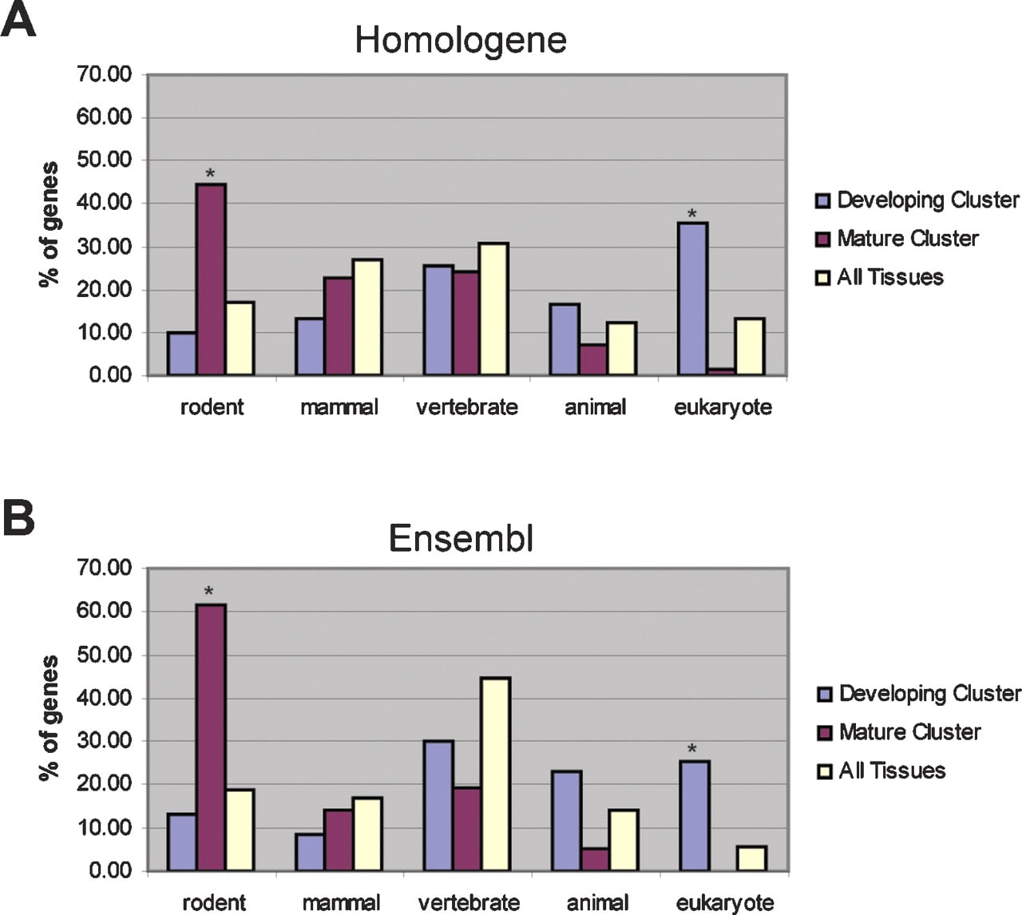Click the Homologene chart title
tap(461, 41)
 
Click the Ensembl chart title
tap(461, 538)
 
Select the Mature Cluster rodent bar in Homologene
tap(211, 279)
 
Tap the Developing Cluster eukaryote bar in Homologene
tap(692, 299)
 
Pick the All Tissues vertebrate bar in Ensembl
tap(495, 774)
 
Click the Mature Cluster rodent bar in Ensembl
tap(211, 738)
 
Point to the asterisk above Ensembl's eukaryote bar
tap(692, 749)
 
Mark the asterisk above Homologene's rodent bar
tap(210, 173)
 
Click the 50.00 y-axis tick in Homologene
tap(104, 160)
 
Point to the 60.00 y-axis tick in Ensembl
tap(104, 611)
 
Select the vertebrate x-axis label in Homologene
tap(467, 407)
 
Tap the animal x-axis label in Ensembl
tap(597, 903)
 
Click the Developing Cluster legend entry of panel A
tap(917, 200)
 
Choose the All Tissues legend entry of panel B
tap(881, 771)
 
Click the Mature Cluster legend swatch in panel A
tap(822, 240)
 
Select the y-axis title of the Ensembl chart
tap(49, 719)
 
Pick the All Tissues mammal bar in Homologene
tap(368, 317)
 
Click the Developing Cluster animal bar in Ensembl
tap(566, 821)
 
